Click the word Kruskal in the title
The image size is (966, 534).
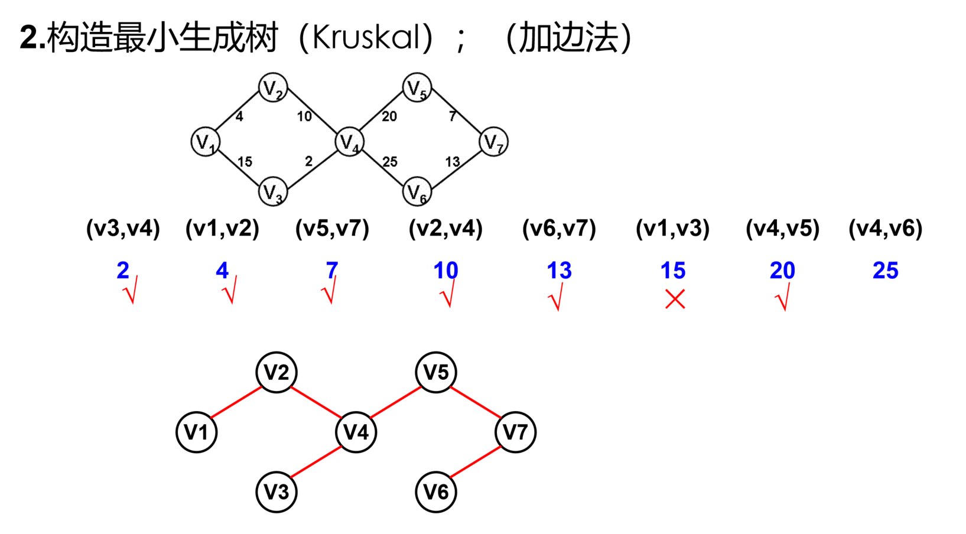pyautogui.click(x=366, y=37)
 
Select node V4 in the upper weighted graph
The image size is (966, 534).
pyautogui.click(x=350, y=142)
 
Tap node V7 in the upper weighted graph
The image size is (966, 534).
pyautogui.click(x=494, y=142)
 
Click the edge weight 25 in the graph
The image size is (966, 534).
pyautogui.click(x=390, y=162)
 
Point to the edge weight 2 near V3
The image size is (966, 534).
pyautogui.click(x=309, y=161)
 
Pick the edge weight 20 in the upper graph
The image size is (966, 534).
pyautogui.click(x=389, y=116)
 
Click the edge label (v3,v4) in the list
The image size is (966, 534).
pyautogui.click(x=123, y=229)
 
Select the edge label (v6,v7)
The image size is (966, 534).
pyautogui.click(x=560, y=229)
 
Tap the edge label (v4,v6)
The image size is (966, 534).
pyautogui.click(x=886, y=229)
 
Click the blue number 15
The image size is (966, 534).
pyautogui.click(x=673, y=271)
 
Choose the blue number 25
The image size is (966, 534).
pyautogui.click(x=886, y=271)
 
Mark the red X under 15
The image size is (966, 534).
pyautogui.click(x=675, y=299)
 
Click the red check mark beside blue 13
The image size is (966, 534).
pyautogui.click(x=557, y=297)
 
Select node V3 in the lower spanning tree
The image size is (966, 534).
pyautogui.click(x=277, y=491)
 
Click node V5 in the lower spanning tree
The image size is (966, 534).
pyautogui.click(x=436, y=372)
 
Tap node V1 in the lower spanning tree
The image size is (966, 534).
pyautogui.click(x=197, y=432)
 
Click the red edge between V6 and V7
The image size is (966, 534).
pyautogui.click(x=476, y=461)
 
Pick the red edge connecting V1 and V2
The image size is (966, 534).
pyautogui.click(x=236, y=402)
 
